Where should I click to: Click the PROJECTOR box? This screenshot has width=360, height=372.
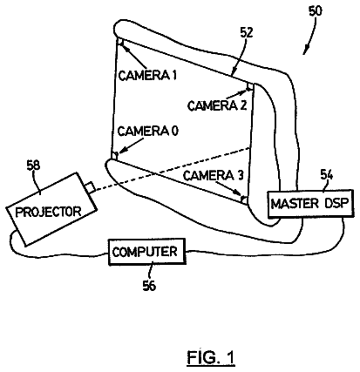(51, 210)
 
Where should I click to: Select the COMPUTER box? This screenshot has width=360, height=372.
(147, 252)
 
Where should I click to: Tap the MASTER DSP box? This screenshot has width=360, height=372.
(310, 204)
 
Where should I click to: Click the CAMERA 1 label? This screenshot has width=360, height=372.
(147, 75)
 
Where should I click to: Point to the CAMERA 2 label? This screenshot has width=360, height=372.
(217, 105)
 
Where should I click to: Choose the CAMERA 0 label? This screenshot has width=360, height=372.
(147, 132)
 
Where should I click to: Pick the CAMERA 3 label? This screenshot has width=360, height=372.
(213, 175)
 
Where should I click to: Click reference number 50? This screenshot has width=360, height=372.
(315, 11)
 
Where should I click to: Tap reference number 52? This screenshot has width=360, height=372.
(247, 32)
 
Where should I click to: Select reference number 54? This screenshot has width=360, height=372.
(327, 174)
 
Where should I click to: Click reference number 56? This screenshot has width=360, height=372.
(149, 286)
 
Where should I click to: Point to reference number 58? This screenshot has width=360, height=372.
(33, 166)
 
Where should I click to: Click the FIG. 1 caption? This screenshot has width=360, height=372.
(211, 357)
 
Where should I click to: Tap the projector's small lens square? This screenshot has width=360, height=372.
(90, 187)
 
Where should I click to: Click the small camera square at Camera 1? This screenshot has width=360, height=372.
(120, 42)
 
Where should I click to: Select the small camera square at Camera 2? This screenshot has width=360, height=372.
(250, 86)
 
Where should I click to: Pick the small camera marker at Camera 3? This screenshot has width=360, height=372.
(245, 200)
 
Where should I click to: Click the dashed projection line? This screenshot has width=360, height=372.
(173, 169)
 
